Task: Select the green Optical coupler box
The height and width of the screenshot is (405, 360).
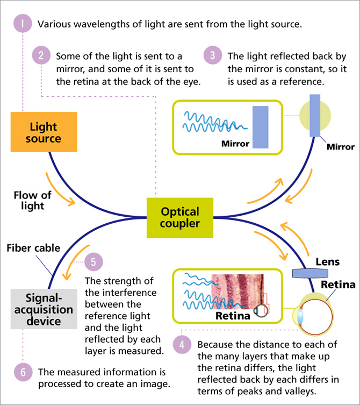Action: click(x=179, y=217)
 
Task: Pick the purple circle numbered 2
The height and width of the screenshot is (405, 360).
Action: click(x=41, y=56)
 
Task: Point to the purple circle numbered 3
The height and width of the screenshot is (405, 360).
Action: click(x=213, y=56)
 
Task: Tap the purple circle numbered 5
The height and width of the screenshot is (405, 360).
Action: click(x=94, y=262)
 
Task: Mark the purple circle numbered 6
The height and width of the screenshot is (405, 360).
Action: click(x=23, y=372)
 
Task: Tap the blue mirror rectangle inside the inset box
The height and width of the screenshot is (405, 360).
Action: click(x=260, y=127)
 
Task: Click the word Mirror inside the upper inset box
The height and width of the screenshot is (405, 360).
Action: click(x=235, y=144)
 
